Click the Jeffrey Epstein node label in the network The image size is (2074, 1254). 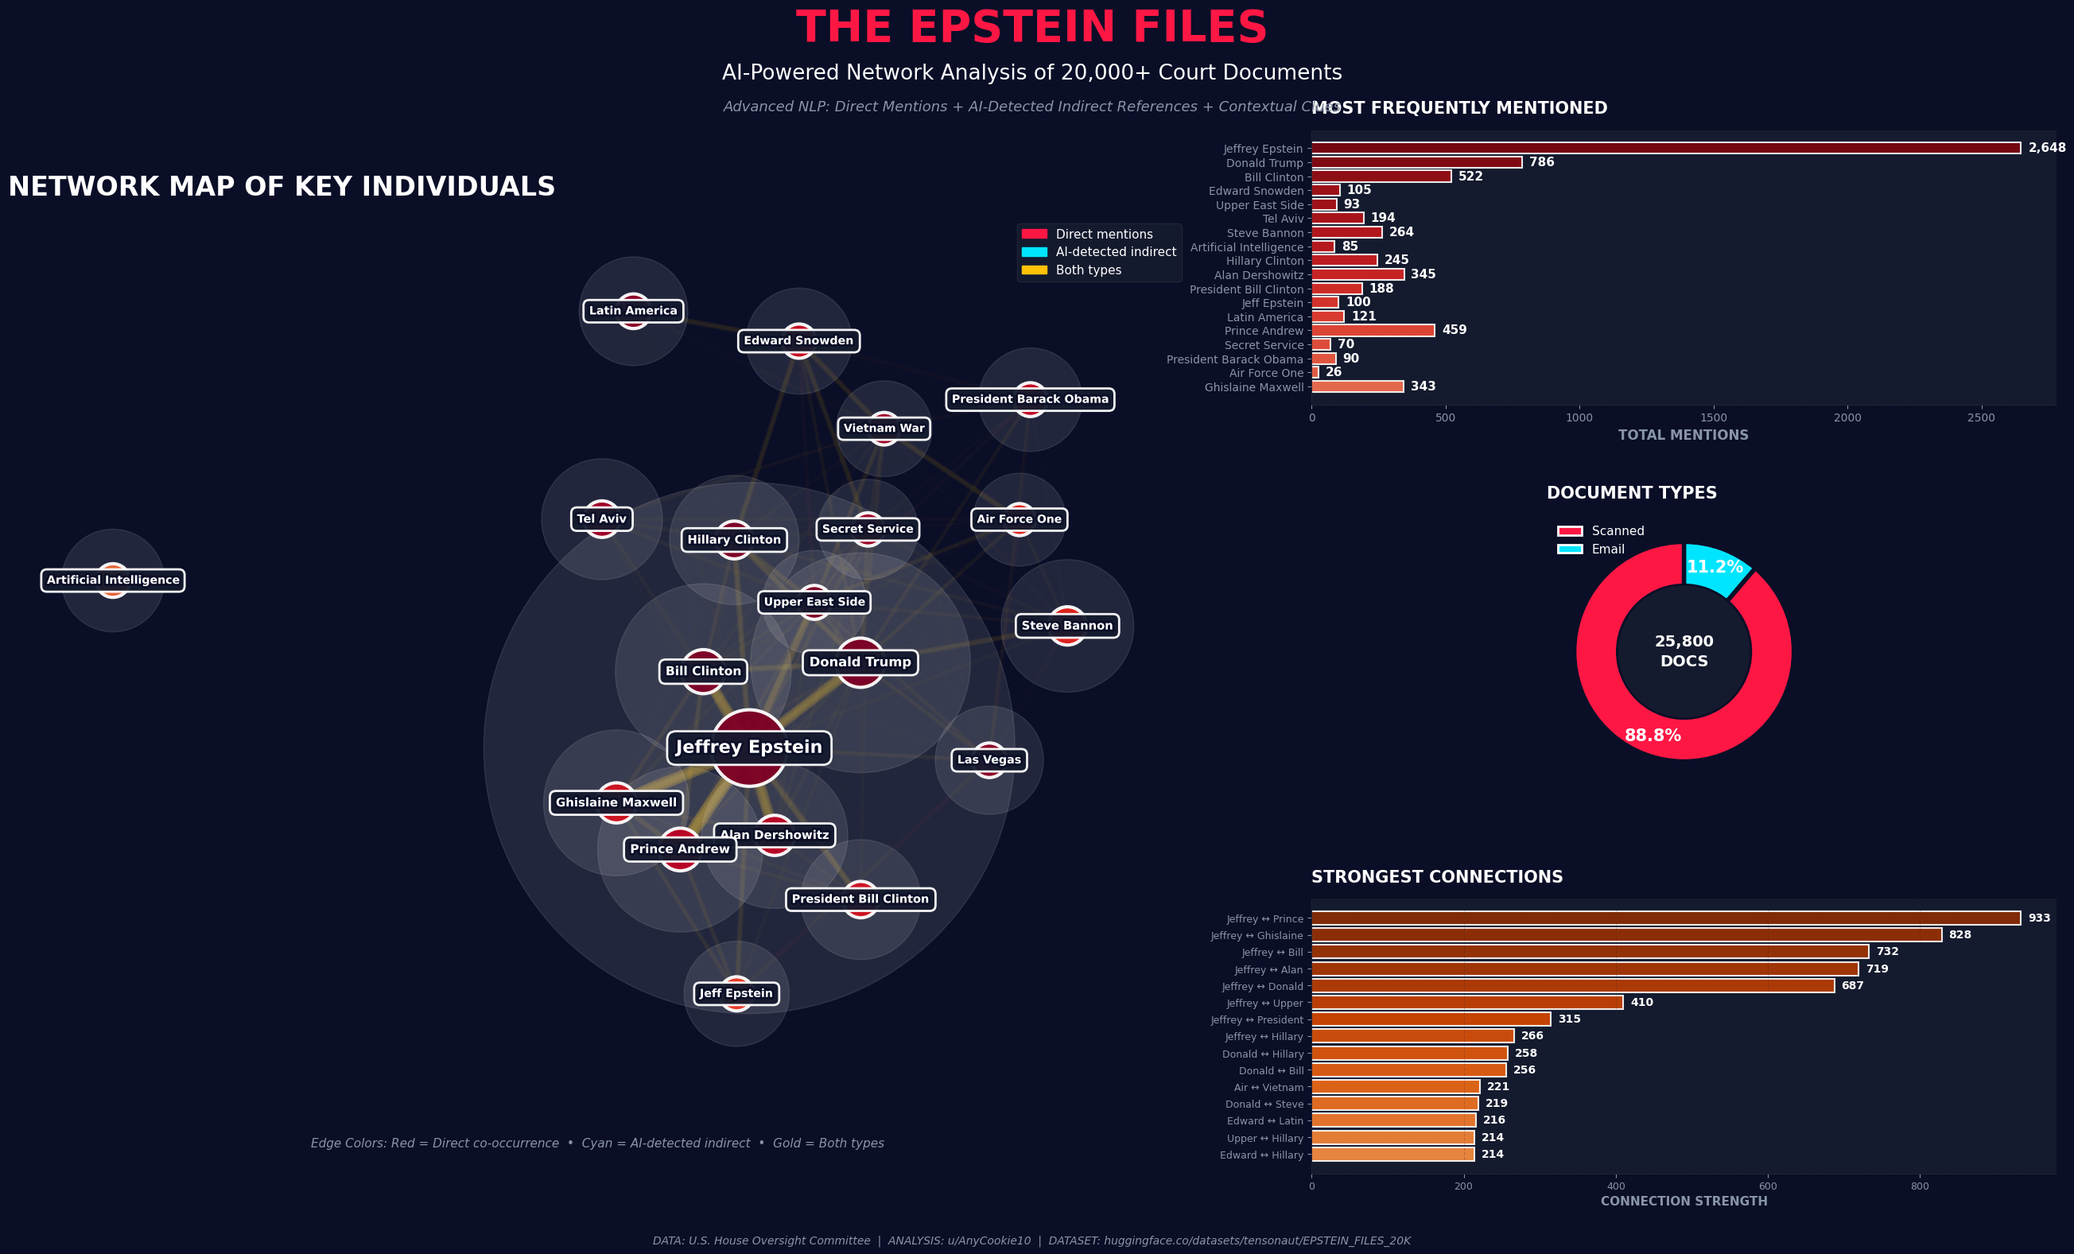748,747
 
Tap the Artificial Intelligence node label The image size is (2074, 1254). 113,580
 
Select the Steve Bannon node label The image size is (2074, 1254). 1066,625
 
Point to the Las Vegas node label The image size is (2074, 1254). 988,760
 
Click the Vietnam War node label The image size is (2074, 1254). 884,429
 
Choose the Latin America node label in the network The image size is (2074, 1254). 633,311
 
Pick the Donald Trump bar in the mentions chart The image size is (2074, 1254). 1416,162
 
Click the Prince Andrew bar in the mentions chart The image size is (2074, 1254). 1373,331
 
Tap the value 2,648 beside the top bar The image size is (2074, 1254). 2046,148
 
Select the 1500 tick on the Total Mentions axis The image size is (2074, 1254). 1714,418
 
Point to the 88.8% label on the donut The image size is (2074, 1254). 1653,736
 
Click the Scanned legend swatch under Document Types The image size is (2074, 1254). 1570,531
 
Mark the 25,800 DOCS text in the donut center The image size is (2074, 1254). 1684,651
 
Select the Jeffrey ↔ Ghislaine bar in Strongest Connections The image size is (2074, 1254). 1626,935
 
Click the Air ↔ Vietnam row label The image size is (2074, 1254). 1268,1087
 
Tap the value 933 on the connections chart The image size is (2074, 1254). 2039,918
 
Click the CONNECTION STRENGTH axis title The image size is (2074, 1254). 1684,1201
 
